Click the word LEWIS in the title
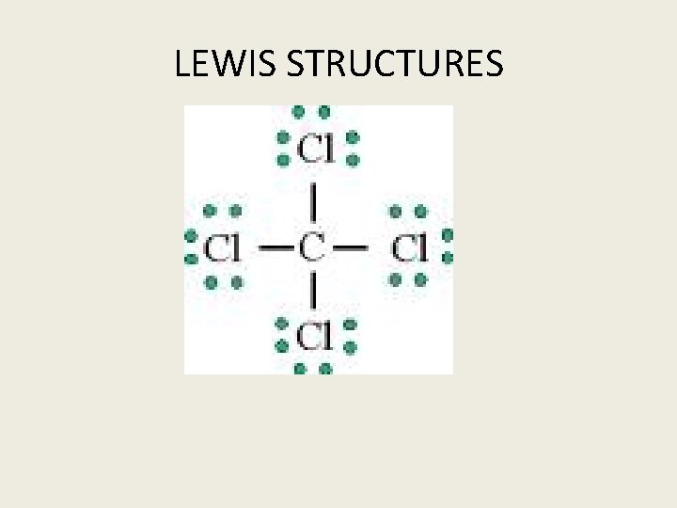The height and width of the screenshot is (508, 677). [x=227, y=64]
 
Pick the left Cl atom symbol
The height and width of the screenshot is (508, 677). [x=222, y=248]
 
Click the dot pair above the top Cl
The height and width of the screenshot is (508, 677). [x=311, y=112]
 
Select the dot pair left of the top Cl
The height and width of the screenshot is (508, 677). [x=282, y=149]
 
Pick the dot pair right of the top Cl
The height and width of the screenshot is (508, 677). [x=353, y=149]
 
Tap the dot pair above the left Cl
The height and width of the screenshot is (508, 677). [x=222, y=211]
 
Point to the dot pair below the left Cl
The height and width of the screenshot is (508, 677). [x=223, y=280]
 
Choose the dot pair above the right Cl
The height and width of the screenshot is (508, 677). [x=408, y=211]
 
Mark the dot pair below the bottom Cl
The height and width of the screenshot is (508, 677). [x=312, y=368]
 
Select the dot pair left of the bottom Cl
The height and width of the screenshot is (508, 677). [x=280, y=335]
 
